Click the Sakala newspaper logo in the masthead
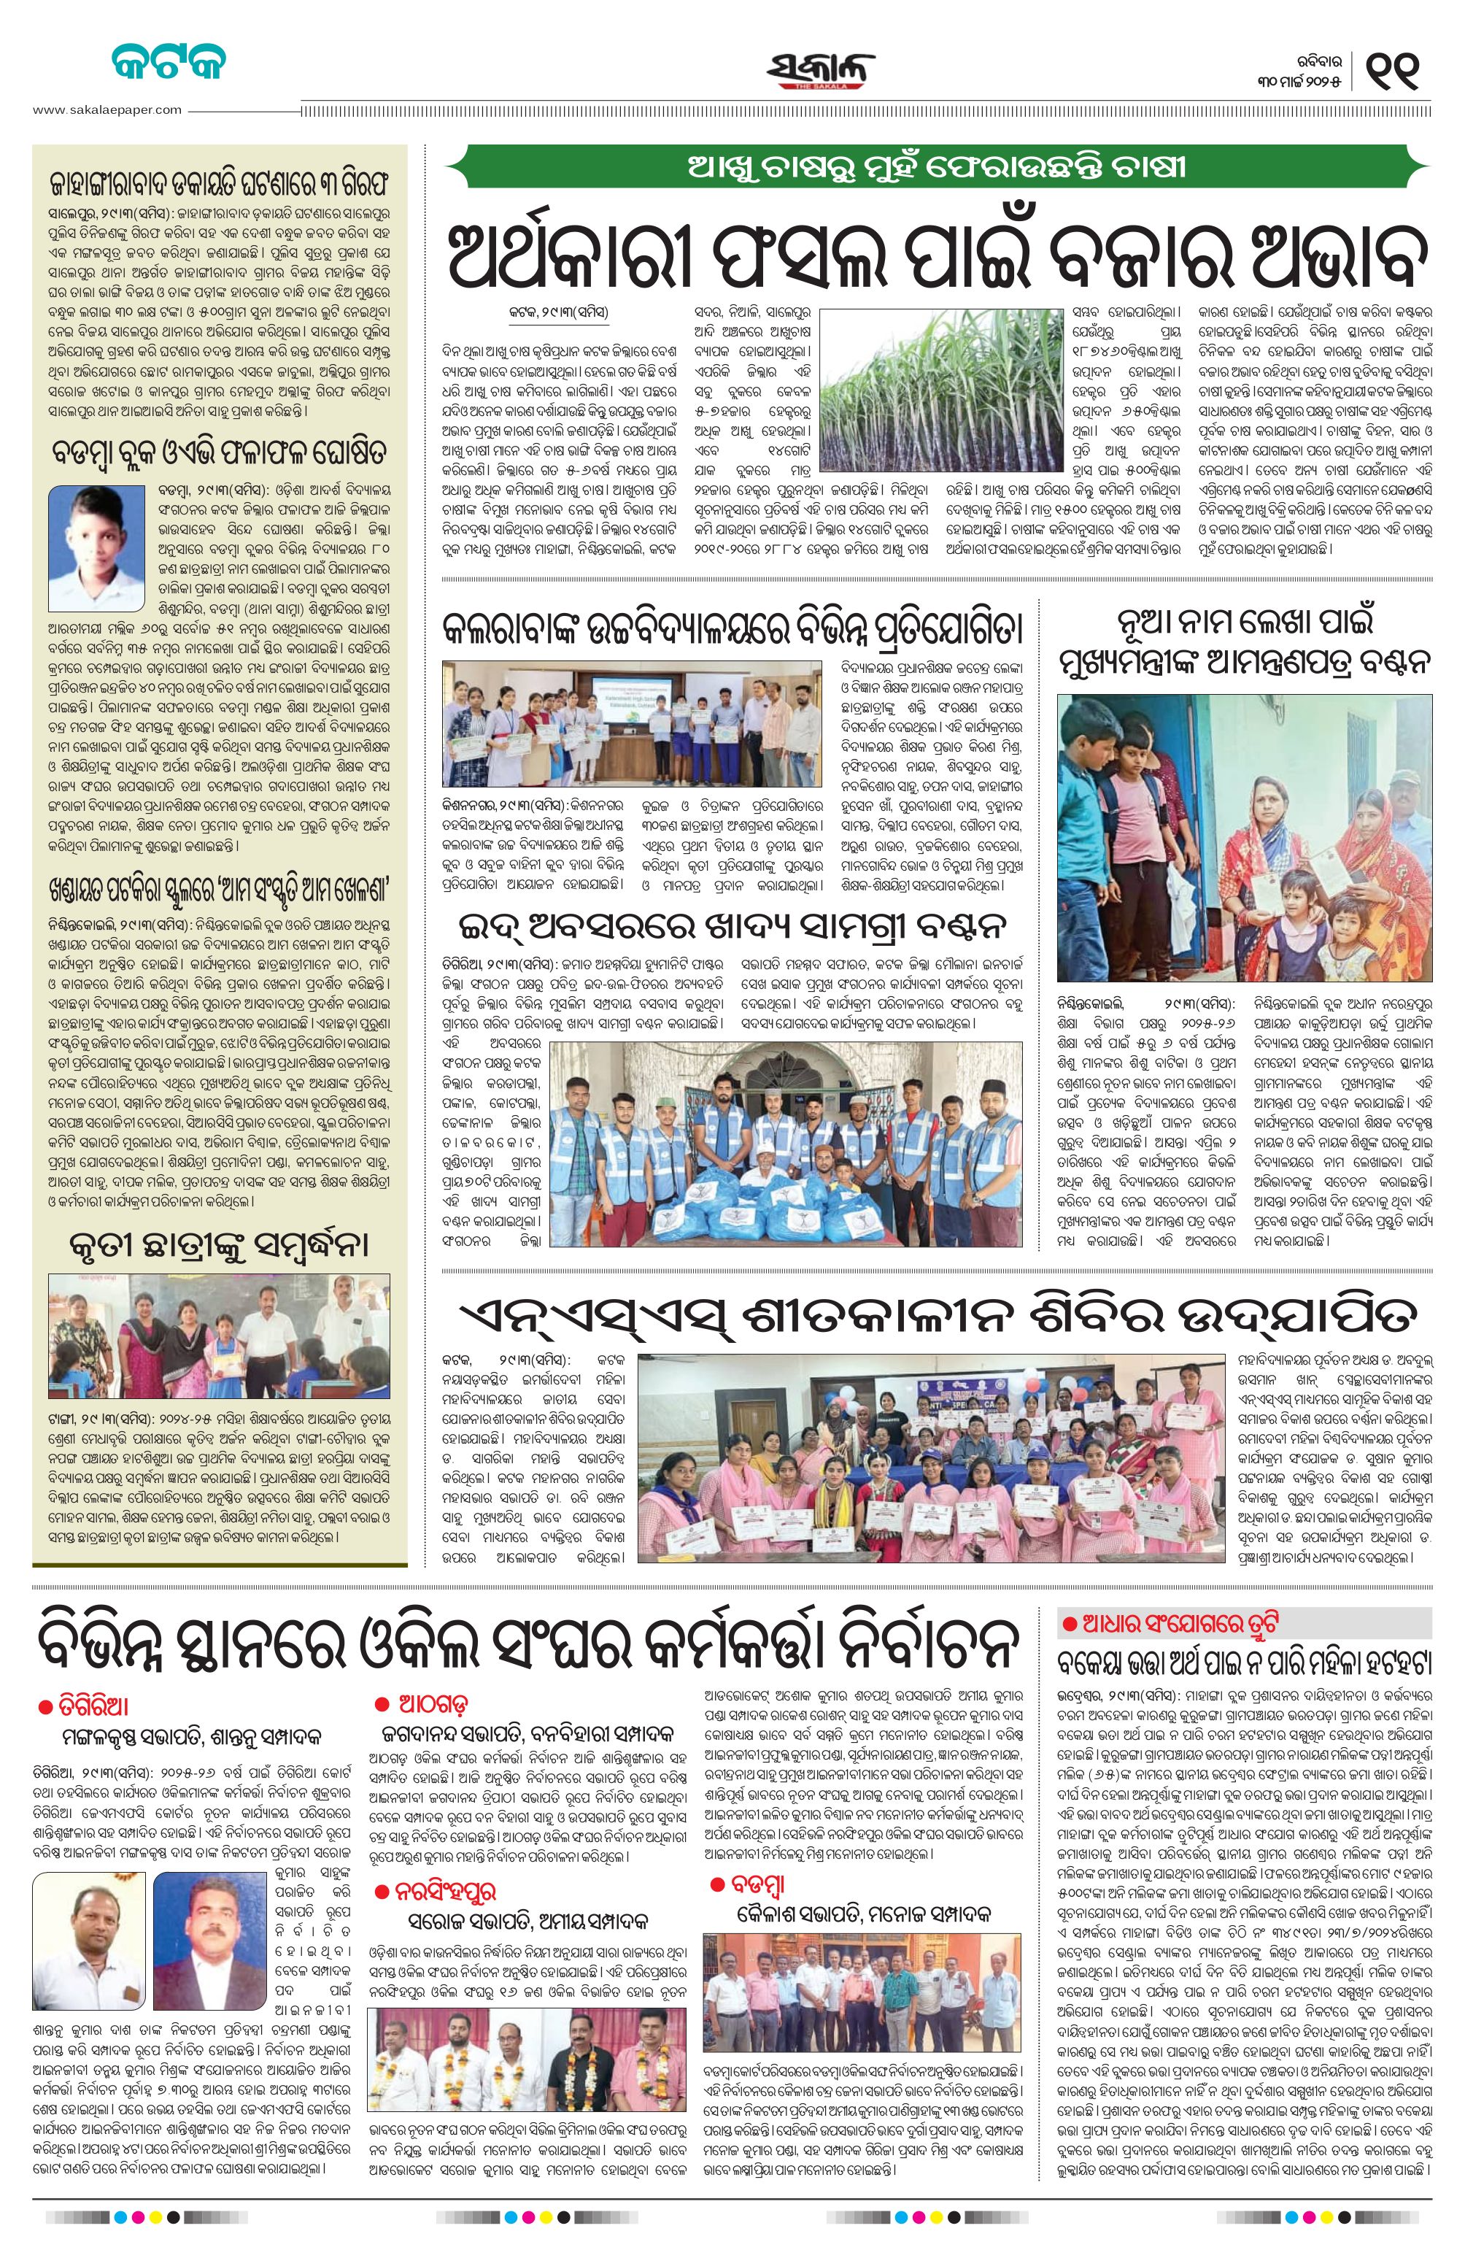820,70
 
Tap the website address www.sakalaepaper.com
106,109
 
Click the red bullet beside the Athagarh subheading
382,1703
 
